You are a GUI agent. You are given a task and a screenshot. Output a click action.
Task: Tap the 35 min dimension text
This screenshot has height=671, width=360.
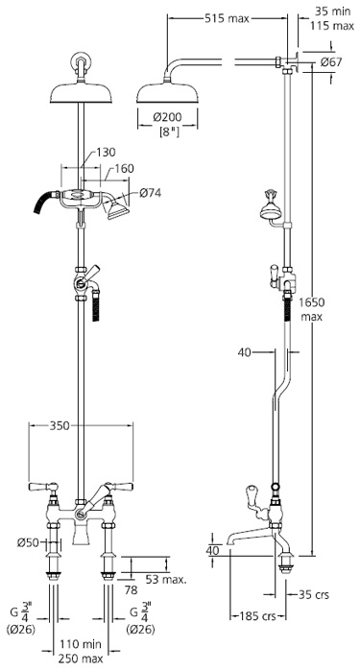332,12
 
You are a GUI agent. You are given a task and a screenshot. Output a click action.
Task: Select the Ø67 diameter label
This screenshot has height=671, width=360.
332,62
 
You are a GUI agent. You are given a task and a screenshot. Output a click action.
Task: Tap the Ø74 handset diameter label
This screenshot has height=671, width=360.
150,193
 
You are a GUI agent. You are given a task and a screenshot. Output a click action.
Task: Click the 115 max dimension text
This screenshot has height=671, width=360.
332,26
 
